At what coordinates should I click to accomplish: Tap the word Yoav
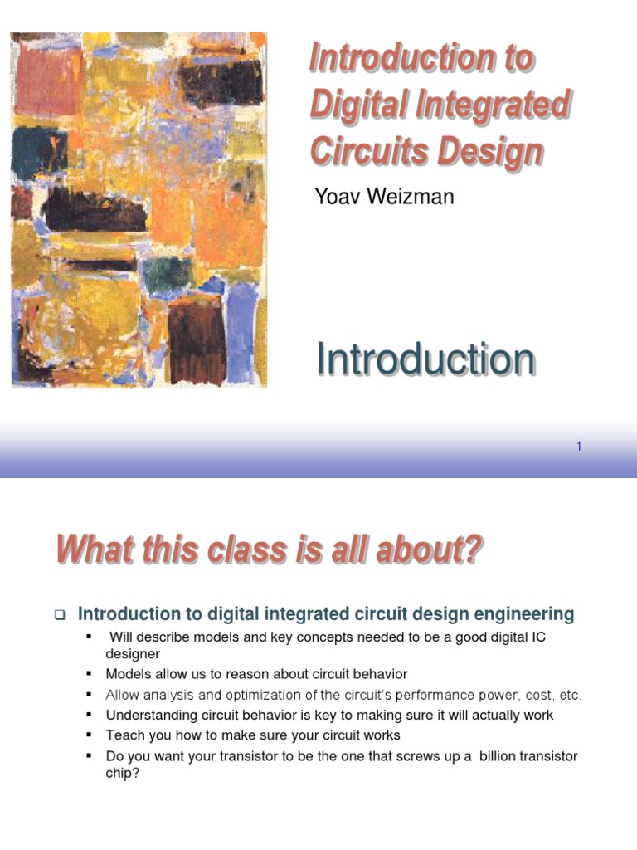[x=339, y=197]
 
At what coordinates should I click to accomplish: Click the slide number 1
[x=579, y=447]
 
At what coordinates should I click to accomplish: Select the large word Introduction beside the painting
[x=425, y=359]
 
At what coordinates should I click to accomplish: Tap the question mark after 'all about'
[x=474, y=550]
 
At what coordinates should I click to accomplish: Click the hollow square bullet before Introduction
[x=60, y=615]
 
